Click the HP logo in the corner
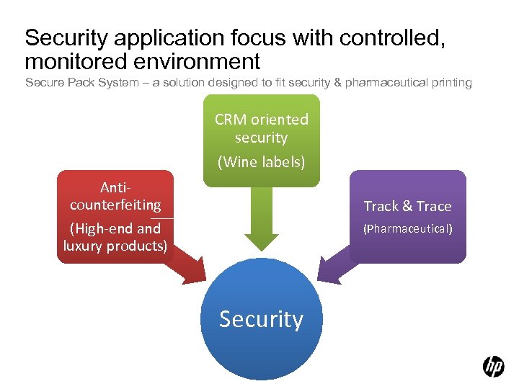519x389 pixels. pyautogui.click(x=494, y=367)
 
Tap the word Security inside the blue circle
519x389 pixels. pyautogui.click(x=261, y=318)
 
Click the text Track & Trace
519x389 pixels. pyautogui.click(x=407, y=206)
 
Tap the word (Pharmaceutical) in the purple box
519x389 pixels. pyautogui.click(x=407, y=229)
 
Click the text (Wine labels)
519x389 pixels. pyautogui.click(x=261, y=162)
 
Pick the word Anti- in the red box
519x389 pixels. pyautogui.click(x=115, y=187)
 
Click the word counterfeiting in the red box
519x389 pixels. pyautogui.click(x=115, y=205)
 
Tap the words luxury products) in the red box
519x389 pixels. pyautogui.click(x=115, y=246)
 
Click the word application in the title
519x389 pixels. pyautogui.click(x=171, y=37)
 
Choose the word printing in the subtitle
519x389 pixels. pyautogui.click(x=451, y=83)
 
